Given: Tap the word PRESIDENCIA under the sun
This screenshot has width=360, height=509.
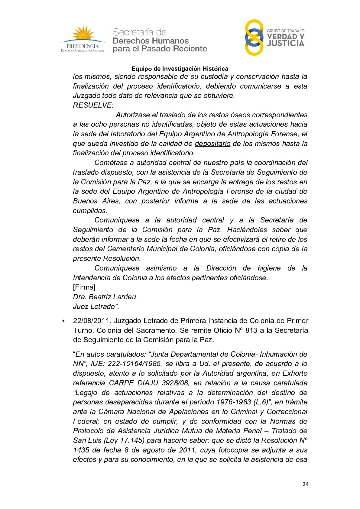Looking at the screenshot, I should click(x=83, y=46).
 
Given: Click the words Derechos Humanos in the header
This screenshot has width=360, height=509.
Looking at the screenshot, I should click(x=151, y=41).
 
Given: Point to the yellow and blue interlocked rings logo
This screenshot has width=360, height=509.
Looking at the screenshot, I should click(x=254, y=37).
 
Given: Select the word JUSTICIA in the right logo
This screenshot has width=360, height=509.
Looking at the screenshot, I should click(x=286, y=44).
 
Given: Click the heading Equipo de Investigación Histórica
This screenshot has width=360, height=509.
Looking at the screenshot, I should click(x=180, y=69).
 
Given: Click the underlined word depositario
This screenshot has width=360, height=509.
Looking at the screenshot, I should click(x=212, y=144).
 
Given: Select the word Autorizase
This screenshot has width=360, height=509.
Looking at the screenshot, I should click(x=133, y=115).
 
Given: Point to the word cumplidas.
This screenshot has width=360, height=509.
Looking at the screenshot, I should click(x=90, y=211).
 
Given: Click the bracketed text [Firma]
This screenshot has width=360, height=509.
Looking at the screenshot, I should click(x=84, y=287).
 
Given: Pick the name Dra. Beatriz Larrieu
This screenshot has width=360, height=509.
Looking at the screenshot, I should click(x=104, y=297).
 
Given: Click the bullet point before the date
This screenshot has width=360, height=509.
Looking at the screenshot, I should click(x=63, y=321).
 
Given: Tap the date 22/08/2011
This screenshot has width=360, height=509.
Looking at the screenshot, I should click(x=91, y=321).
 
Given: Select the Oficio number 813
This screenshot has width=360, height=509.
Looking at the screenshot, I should click(x=251, y=330).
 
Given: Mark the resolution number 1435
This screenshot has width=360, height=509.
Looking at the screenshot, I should click(x=81, y=450).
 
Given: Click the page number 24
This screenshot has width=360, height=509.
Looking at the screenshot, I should click(x=305, y=484).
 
